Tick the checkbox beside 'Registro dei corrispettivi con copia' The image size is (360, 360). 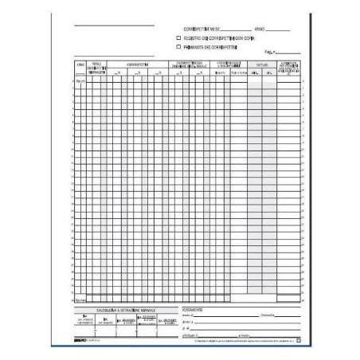pyautogui.click(x=178, y=37)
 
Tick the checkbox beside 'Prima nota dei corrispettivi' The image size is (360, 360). pyautogui.click(x=178, y=47)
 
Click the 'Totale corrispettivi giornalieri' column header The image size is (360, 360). pyautogui.click(x=96, y=67)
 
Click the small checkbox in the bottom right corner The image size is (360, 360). pyautogui.click(x=299, y=340)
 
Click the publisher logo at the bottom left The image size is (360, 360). pyautogui.click(x=80, y=340)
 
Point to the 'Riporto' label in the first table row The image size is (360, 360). pyautogui.click(x=79, y=81)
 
